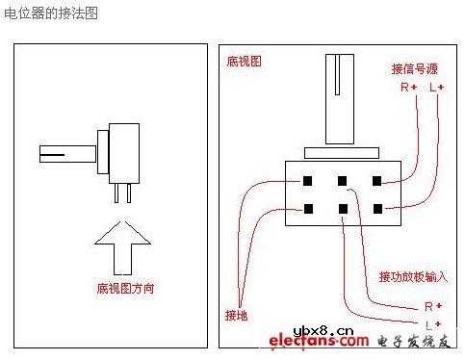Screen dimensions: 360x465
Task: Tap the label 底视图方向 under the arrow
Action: click(125, 287)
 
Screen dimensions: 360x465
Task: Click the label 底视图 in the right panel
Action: click(244, 61)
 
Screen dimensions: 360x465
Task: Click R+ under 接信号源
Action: click(408, 88)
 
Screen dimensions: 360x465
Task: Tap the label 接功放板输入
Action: click(413, 276)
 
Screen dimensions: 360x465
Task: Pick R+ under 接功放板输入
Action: click(432, 305)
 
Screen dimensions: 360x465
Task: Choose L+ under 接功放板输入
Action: click(432, 322)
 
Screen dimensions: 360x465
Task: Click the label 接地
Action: click(237, 315)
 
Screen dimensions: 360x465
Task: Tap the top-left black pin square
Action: click(308, 181)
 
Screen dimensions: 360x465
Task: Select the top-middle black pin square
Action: click(342, 181)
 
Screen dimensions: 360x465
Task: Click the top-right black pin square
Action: click(377, 181)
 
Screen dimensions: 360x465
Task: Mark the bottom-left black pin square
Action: click(308, 208)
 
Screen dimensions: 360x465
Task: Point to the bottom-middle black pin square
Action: click(342, 208)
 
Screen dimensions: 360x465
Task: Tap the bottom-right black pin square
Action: click(377, 208)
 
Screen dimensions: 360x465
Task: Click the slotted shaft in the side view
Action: click(65, 153)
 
